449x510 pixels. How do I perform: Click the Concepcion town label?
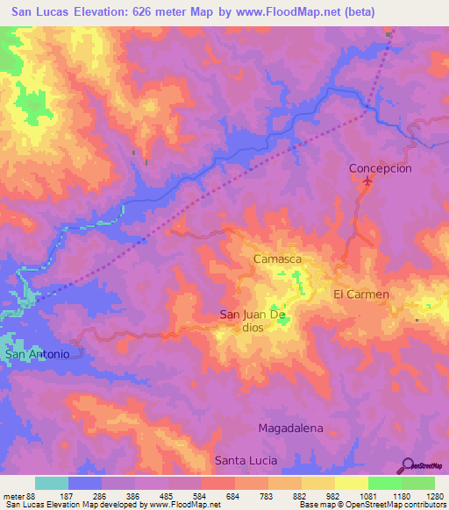click(380, 167)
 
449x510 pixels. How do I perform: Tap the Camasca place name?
click(277, 260)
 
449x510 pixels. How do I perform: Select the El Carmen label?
click(360, 294)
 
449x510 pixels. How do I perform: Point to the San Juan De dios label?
click(253, 321)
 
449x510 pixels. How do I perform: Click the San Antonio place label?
click(38, 354)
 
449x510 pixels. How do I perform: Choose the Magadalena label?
click(290, 429)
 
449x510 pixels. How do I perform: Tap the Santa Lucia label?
click(246, 460)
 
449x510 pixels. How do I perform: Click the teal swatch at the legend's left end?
click(52, 483)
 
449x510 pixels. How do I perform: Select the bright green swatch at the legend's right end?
click(417, 483)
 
